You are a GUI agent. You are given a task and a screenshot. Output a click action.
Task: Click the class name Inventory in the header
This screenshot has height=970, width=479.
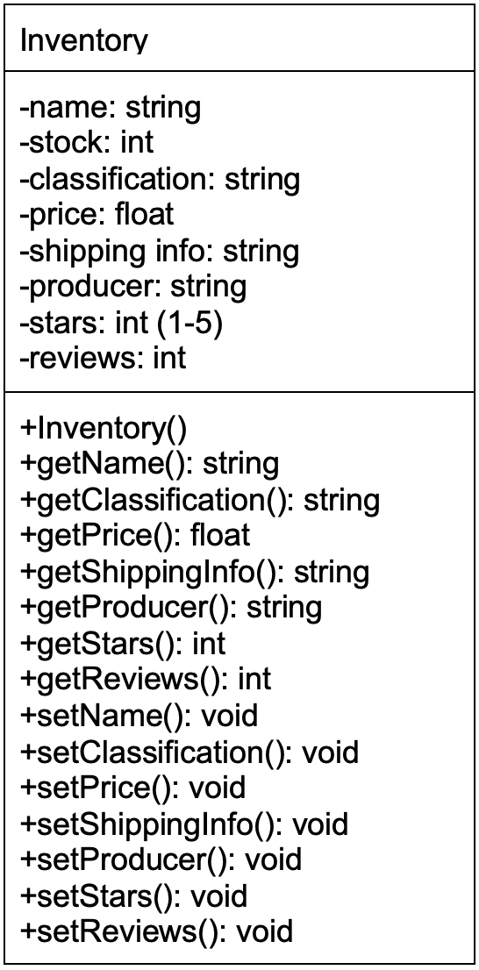(84, 40)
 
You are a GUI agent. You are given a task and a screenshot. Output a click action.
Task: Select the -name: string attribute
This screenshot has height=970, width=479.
(111, 107)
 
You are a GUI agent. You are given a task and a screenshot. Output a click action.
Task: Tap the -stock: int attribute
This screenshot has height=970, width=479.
(87, 143)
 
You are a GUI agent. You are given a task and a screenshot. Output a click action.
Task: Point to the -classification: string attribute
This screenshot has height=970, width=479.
(160, 179)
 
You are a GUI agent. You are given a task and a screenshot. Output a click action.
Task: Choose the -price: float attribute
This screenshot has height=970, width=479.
(97, 215)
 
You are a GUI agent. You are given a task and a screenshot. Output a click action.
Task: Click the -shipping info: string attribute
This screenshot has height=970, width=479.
(159, 251)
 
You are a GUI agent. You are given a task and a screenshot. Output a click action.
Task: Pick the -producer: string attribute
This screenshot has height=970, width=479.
(132, 287)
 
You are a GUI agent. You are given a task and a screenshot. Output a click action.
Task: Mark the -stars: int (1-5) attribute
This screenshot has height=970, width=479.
(121, 323)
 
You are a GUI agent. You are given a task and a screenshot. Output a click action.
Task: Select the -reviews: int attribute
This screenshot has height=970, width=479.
(103, 358)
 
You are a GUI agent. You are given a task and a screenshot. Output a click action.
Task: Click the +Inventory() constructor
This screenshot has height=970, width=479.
(104, 430)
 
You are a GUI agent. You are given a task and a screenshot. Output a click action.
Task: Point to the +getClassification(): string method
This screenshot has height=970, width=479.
(199, 500)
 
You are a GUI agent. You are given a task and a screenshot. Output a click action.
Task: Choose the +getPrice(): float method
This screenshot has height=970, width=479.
(134, 535)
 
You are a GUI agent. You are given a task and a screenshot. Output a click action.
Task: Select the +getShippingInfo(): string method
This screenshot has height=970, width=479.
(194, 572)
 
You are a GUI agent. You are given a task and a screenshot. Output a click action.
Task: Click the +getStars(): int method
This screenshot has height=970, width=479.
(123, 644)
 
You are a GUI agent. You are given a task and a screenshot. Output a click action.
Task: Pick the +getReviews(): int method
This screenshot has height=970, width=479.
(146, 679)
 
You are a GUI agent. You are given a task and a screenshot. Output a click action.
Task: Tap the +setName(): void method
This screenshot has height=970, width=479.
(139, 716)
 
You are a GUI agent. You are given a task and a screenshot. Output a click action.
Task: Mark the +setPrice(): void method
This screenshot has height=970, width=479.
(132, 788)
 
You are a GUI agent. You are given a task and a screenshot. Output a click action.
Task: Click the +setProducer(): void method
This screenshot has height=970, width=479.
(161, 859)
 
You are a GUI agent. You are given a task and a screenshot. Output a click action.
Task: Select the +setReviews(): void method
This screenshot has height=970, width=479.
(156, 931)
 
